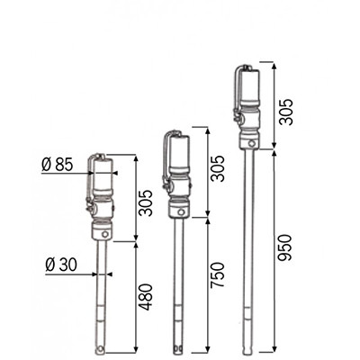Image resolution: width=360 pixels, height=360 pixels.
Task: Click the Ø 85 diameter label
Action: point(58,165)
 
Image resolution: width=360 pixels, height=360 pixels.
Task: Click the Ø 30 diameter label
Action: point(61,265)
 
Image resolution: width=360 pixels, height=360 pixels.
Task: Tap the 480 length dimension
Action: point(147,297)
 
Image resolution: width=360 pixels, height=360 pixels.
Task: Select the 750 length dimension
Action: point(218,275)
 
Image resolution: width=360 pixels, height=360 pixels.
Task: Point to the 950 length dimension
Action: point(284,247)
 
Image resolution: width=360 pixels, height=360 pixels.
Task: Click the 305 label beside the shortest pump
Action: point(147,202)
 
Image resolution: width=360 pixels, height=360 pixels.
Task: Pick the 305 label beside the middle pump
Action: point(218,168)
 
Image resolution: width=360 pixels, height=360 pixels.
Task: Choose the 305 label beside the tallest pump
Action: point(284,112)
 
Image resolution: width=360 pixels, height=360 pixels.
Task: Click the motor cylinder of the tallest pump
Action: point(250,85)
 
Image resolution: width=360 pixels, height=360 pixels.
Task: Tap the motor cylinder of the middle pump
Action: point(179,153)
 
